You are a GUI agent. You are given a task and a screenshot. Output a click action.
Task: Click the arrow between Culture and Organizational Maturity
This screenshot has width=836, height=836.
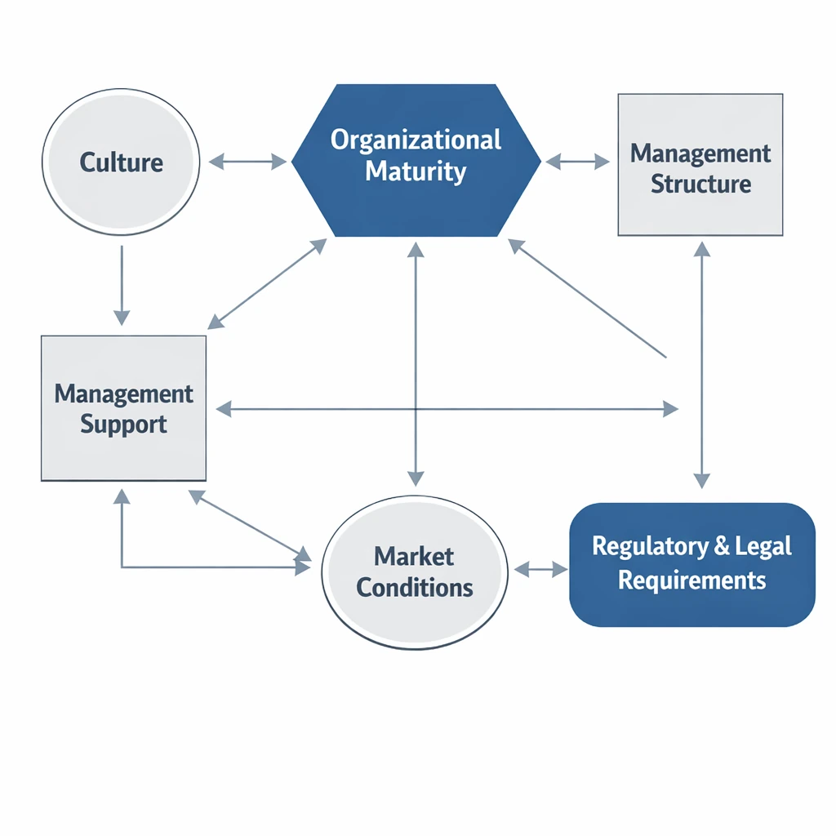click(x=247, y=162)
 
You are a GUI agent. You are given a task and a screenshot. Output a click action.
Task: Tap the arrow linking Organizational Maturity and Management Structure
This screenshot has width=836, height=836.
click(x=577, y=162)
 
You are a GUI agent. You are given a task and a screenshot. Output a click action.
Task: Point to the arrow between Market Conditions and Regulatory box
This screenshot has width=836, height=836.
click(x=538, y=569)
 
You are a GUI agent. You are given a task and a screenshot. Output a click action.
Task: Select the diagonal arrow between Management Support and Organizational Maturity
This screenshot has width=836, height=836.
click(x=267, y=284)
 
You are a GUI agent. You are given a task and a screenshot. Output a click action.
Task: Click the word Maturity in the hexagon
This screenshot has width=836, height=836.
click(x=416, y=171)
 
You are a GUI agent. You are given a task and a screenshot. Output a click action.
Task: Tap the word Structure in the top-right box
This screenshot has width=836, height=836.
click(x=700, y=183)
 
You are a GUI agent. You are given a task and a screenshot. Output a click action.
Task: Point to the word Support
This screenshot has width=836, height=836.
click(x=123, y=425)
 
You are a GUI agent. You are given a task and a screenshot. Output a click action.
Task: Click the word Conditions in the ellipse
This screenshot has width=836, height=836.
click(x=415, y=587)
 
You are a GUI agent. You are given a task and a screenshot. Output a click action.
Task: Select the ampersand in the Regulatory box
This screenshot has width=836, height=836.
click(x=722, y=546)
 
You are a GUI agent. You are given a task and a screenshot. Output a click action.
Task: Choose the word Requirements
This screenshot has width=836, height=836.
click(x=691, y=580)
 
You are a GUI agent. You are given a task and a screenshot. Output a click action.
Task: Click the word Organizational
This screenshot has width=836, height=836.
click(x=416, y=140)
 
